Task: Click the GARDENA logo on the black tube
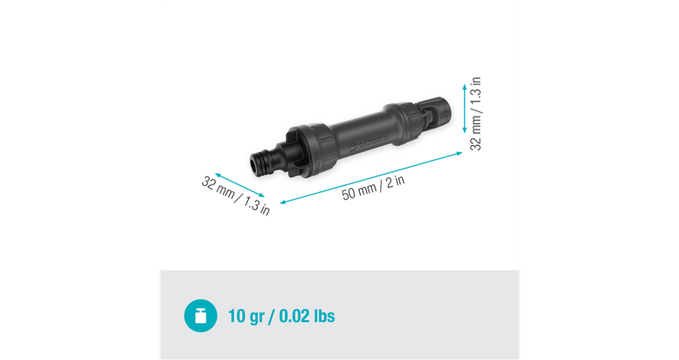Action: [x=369, y=141]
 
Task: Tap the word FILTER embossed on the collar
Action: [x=318, y=163]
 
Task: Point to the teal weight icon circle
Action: [x=200, y=316]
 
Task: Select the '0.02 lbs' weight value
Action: [x=306, y=316]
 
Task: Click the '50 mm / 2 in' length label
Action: [x=374, y=188]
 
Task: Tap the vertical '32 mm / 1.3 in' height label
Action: [x=476, y=113]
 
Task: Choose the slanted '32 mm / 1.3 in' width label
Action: [x=236, y=195]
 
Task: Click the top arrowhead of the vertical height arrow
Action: [x=465, y=86]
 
